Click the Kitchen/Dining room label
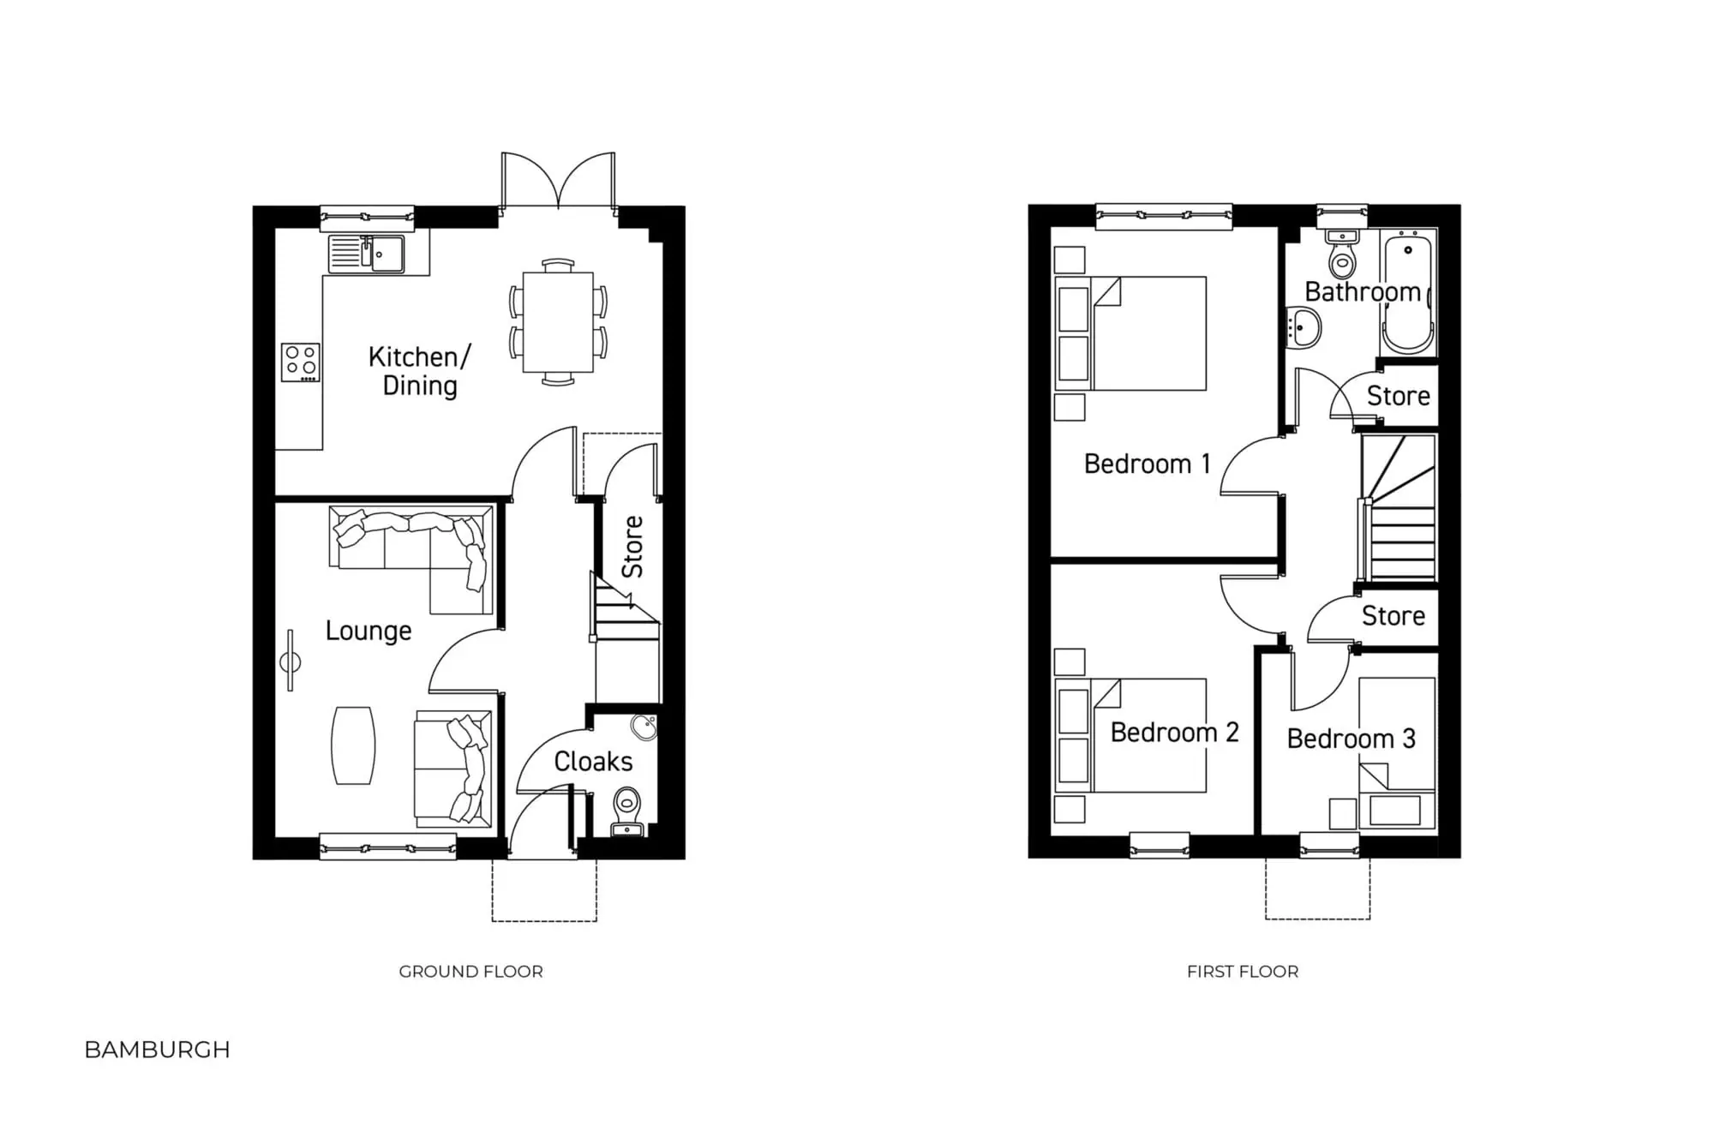419,371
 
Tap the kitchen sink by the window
367,254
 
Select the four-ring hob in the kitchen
301,362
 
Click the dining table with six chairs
558,321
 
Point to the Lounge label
369,631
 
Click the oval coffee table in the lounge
353,745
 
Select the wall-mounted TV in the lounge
291,661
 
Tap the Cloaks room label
593,762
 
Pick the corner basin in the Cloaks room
644,728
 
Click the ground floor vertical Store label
632,547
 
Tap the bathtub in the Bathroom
1408,295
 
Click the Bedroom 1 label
1148,464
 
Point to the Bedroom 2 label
1174,733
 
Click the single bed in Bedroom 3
1397,754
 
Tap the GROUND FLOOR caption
470,972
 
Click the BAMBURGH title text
158,1050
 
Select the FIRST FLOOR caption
1243,972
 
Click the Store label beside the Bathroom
1398,397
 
